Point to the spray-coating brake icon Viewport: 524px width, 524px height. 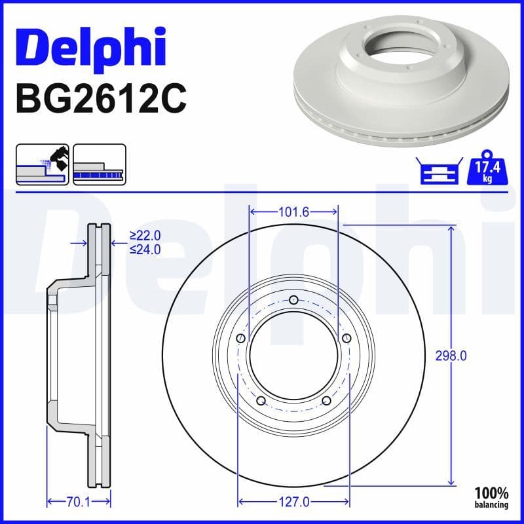(x=42, y=164)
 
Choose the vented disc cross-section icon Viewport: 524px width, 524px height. (x=99, y=164)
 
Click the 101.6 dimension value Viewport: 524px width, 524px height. (x=293, y=212)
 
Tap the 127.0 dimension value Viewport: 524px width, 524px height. (x=293, y=502)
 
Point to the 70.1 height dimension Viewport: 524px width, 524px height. (x=77, y=502)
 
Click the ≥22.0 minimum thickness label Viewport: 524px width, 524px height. (x=145, y=236)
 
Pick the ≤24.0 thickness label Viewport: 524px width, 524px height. (x=145, y=249)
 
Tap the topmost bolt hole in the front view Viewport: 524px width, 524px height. (x=293, y=301)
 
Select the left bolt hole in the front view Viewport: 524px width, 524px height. (x=240, y=339)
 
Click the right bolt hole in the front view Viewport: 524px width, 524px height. (x=346, y=339)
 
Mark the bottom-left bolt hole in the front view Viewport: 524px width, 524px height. (x=261, y=401)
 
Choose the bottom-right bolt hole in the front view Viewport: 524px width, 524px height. (x=326, y=401)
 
